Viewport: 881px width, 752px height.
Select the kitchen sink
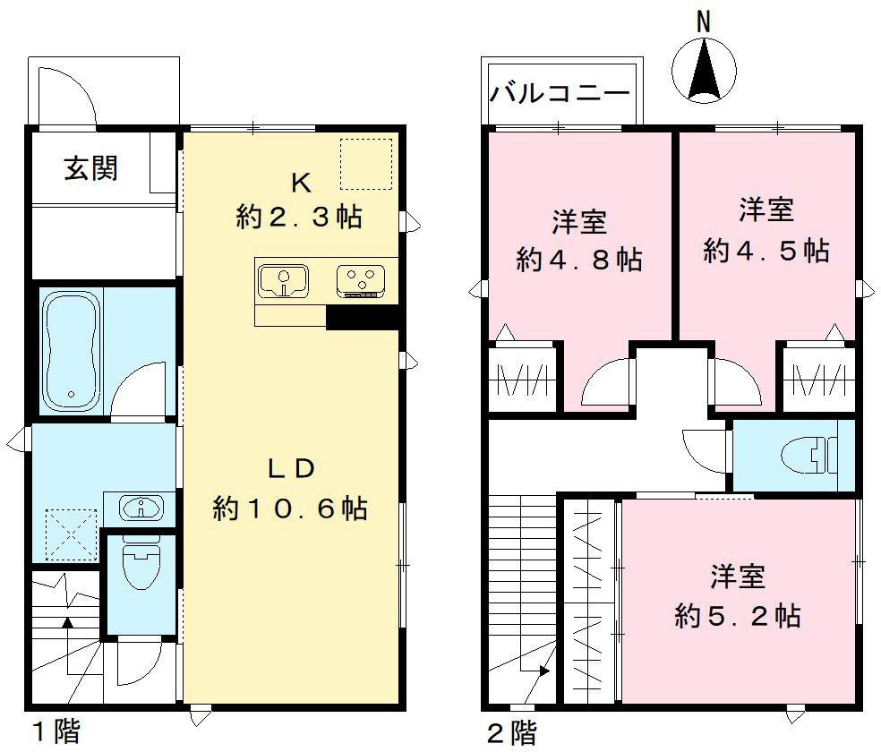click(284, 280)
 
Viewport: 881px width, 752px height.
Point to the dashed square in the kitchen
click(365, 164)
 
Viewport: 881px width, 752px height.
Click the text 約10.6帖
click(290, 508)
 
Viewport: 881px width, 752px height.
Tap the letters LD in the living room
click(290, 468)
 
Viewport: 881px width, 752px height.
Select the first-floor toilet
click(140, 563)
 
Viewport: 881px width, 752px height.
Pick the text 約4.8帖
click(579, 261)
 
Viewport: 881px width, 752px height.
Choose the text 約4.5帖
click(766, 251)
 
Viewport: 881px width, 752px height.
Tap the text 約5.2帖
click(738, 616)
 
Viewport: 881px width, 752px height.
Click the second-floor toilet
click(811, 455)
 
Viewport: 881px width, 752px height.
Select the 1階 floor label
click(56, 732)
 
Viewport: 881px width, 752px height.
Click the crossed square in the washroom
click(71, 533)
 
